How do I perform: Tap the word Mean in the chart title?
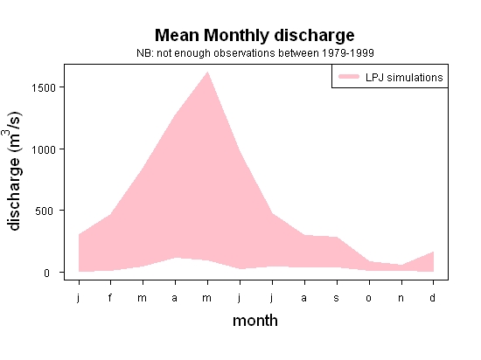coord(177,35)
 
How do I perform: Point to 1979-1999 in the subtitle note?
coord(347,53)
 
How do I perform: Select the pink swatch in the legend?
coord(349,77)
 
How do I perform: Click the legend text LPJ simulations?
coord(404,78)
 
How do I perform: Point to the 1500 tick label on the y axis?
coord(44,87)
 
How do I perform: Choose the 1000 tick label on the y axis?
coord(44,149)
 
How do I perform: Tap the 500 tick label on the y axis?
coord(45,211)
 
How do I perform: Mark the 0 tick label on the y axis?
coord(46,273)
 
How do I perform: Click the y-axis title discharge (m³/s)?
coord(13,171)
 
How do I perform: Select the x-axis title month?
coord(255,321)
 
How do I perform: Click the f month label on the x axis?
coord(110,297)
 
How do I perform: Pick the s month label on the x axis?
coord(336,298)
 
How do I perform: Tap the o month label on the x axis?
coord(369,298)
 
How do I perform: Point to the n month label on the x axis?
coord(401,298)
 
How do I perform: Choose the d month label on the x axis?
coord(432,297)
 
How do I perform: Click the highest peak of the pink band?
coord(207,72)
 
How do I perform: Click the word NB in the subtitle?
coord(144,53)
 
